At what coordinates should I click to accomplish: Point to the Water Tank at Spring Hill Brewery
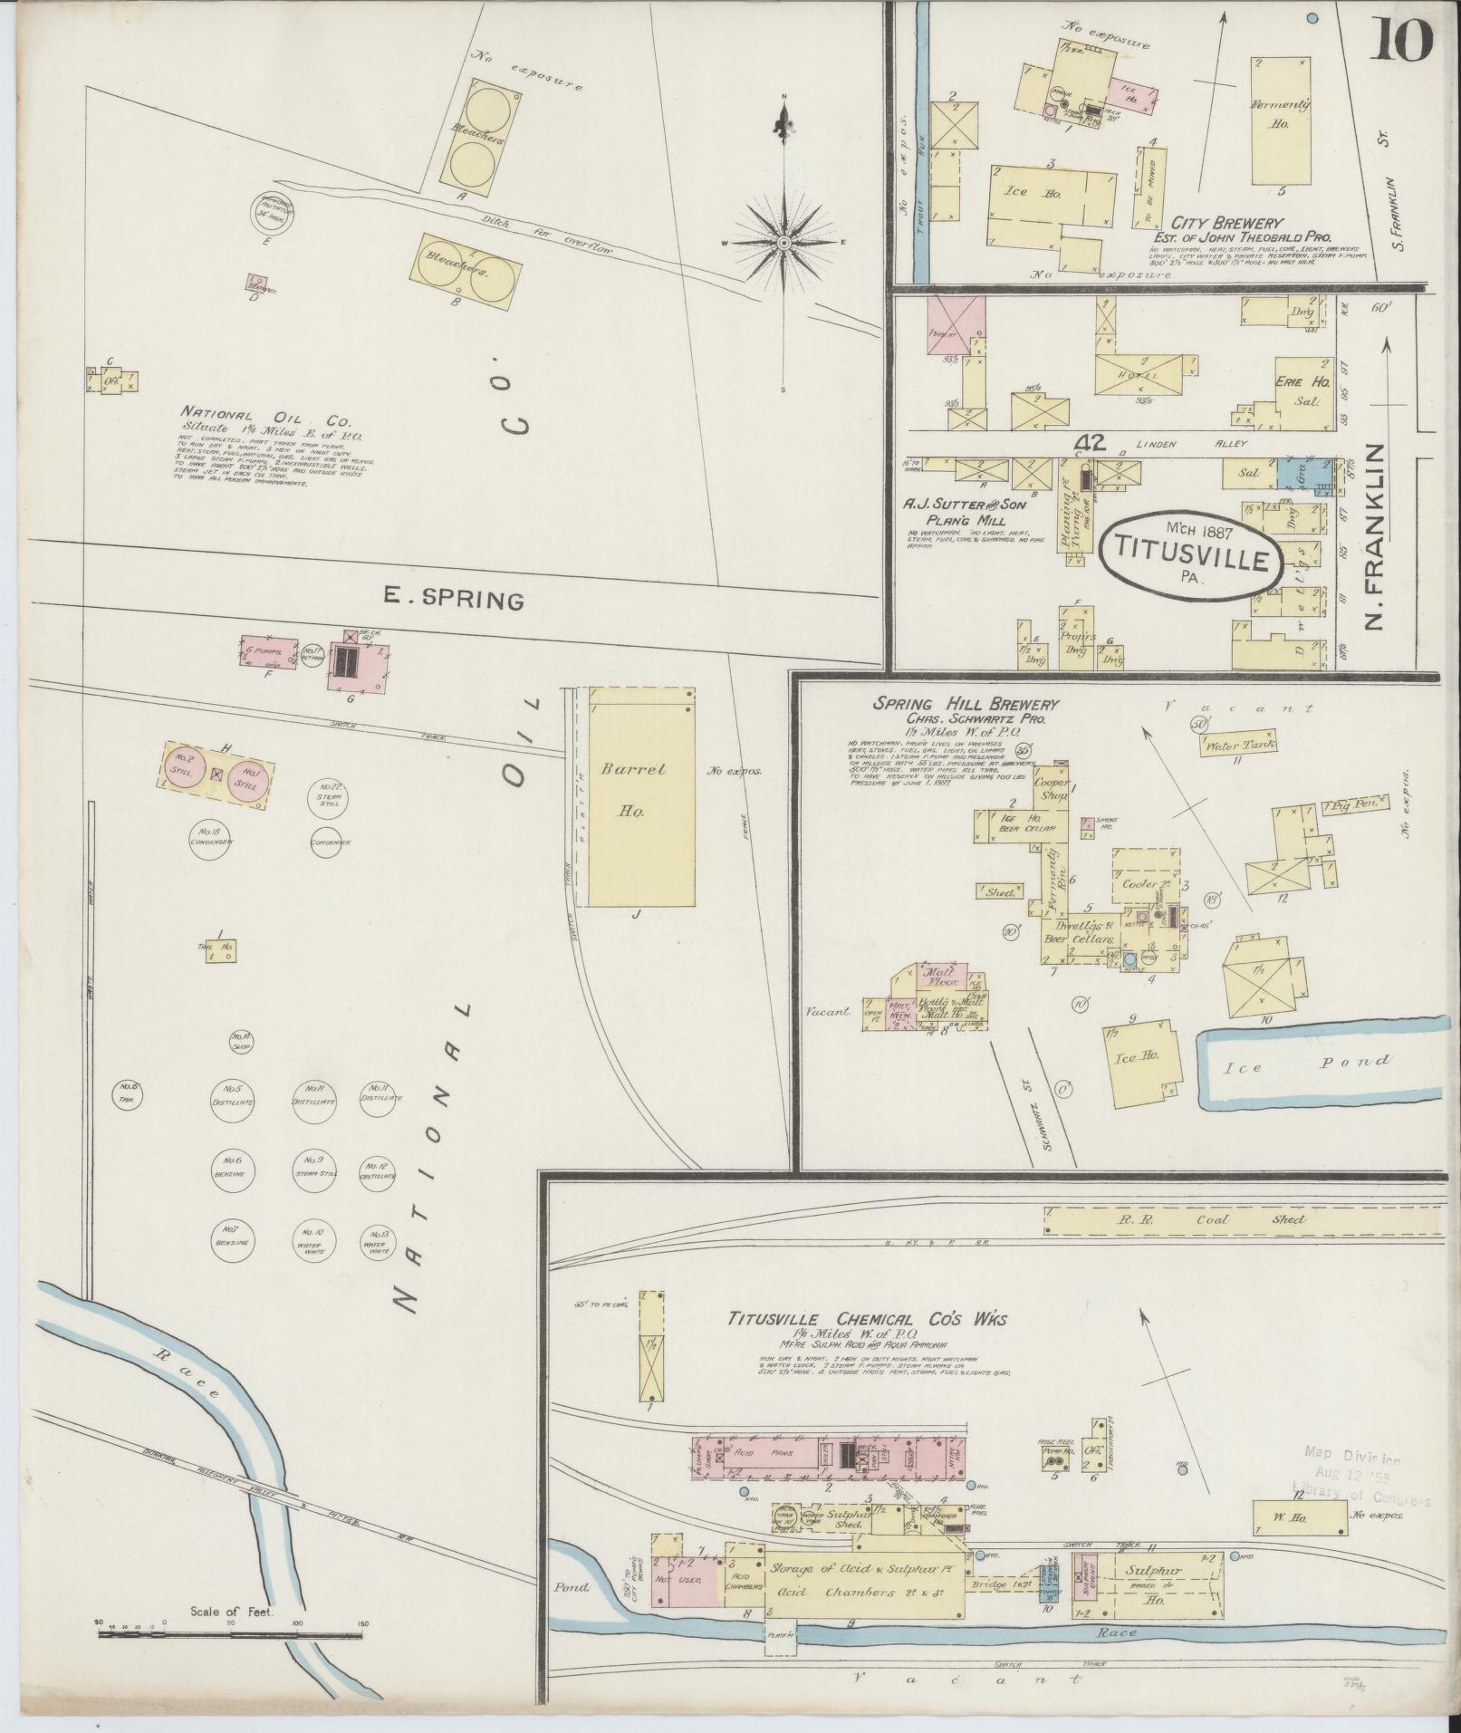click(1240, 745)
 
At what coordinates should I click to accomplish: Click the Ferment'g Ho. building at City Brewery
click(1281, 122)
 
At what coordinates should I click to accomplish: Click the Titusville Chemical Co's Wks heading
click(867, 1319)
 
